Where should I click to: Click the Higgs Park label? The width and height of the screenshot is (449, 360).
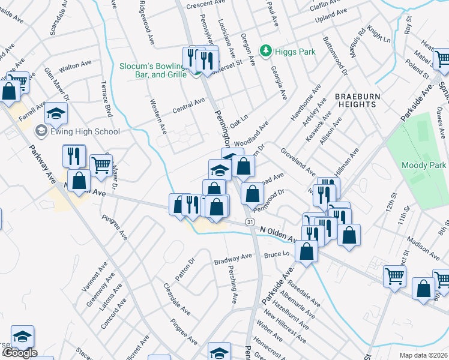(x=295, y=52)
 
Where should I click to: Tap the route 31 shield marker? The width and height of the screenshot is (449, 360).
(x=250, y=223)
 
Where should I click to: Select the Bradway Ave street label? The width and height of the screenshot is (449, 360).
(x=233, y=258)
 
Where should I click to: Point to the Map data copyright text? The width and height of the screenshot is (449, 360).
(x=424, y=355)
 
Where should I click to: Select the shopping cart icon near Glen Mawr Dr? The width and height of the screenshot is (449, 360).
(x=101, y=163)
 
